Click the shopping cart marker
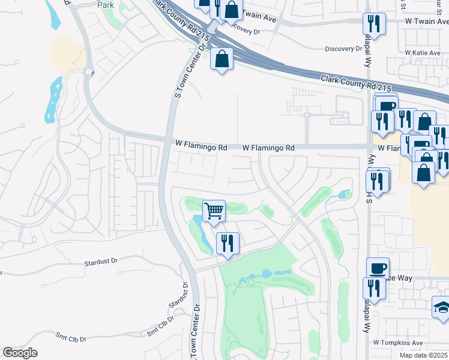(x=214, y=211)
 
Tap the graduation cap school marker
(x=443, y=307)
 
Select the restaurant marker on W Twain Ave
(x=374, y=24)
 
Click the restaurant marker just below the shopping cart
(x=228, y=243)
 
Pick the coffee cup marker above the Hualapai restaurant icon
(x=378, y=268)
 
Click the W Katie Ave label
(x=423, y=53)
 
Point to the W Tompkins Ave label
(x=398, y=343)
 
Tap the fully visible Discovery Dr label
(x=345, y=49)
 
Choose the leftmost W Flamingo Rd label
(x=202, y=146)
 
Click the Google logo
(x=20, y=353)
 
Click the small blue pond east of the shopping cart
(x=344, y=195)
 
